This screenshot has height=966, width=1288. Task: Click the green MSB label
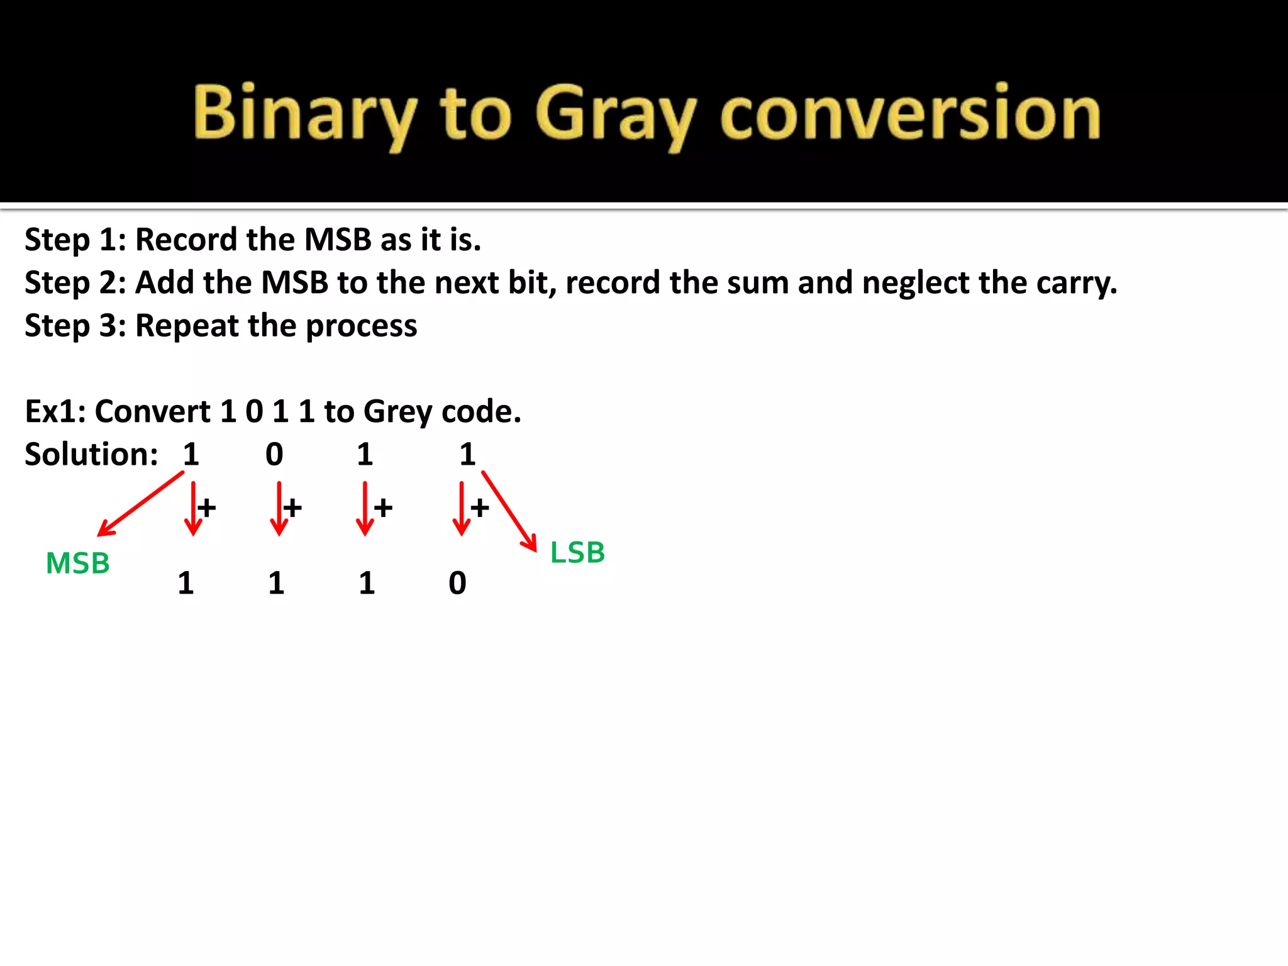78,563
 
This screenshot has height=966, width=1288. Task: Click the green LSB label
577,553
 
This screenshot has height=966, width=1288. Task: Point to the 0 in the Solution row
274,454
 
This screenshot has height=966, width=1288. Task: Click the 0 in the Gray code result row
457,583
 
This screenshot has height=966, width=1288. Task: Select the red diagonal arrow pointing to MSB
140,504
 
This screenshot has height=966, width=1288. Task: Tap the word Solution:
91,454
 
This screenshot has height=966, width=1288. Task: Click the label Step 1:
75,240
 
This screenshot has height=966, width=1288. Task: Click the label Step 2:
75,283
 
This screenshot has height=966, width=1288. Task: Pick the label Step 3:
75,326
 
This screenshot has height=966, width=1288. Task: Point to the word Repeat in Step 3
187,326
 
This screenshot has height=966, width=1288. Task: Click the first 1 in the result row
186,583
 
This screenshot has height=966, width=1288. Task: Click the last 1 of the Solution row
467,454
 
